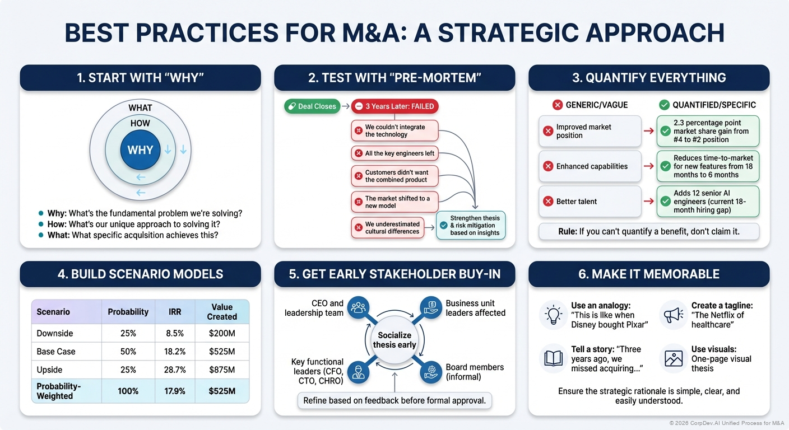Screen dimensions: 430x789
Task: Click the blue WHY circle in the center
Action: (x=140, y=150)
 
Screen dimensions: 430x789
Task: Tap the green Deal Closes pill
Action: (x=312, y=106)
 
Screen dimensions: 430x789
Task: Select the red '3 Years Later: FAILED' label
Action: (x=395, y=106)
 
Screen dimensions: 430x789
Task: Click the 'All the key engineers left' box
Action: (x=395, y=153)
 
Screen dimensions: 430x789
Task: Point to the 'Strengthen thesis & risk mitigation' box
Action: (x=471, y=225)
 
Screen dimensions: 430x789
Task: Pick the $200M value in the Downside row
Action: (x=222, y=333)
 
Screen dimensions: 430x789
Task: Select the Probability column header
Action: (x=128, y=312)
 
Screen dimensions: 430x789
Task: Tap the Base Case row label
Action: (x=56, y=352)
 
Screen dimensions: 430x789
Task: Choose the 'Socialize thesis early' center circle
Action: (x=395, y=340)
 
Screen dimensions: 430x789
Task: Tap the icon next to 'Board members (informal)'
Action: (x=431, y=372)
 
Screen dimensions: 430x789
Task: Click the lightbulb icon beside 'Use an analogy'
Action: (x=553, y=314)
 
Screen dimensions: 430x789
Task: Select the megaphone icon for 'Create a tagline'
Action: (x=672, y=315)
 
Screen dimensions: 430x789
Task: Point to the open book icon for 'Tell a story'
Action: (x=553, y=358)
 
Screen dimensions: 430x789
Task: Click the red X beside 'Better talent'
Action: (x=548, y=202)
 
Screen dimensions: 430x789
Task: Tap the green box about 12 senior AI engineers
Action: (x=708, y=202)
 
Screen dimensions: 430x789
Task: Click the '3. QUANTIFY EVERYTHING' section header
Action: (x=649, y=78)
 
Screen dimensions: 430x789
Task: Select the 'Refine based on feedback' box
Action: (x=395, y=400)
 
